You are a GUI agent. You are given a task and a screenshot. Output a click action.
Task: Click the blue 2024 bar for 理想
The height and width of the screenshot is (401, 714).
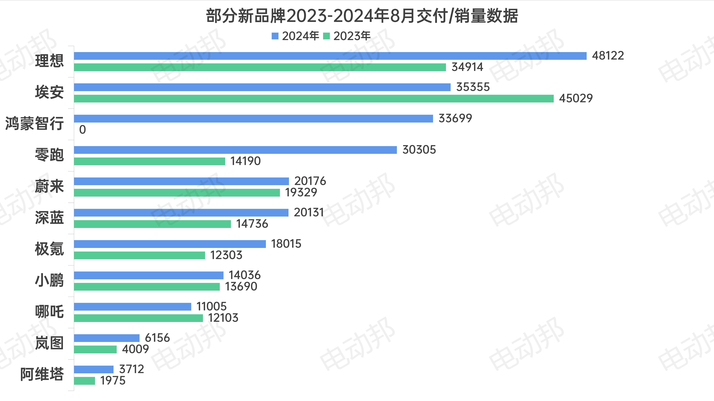[330, 56]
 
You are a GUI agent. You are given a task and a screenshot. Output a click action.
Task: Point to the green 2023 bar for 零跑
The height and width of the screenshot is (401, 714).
[149, 161]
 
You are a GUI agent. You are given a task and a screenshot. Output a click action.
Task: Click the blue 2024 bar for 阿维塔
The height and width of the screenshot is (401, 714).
[94, 369]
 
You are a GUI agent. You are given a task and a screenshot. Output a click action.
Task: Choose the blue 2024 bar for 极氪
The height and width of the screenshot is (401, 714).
[170, 244]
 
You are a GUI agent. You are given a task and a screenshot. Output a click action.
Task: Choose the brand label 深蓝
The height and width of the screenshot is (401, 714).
[49, 218]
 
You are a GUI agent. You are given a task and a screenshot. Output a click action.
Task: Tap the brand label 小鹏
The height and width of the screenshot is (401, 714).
[49, 280]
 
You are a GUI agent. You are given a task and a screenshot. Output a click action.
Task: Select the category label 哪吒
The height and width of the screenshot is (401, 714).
[49, 312]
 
